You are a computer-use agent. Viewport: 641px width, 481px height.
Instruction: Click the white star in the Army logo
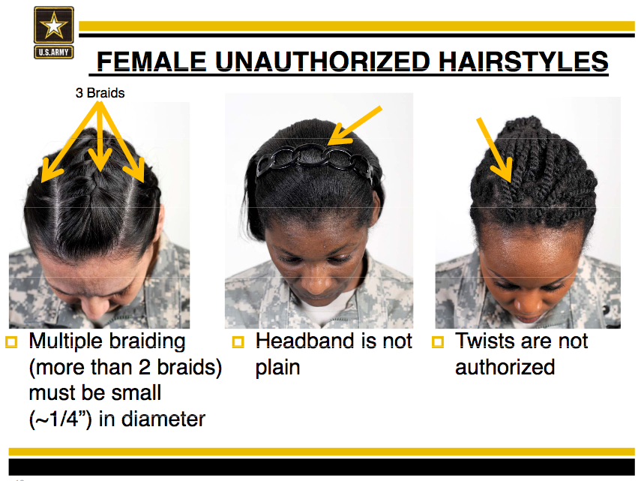pos(53,26)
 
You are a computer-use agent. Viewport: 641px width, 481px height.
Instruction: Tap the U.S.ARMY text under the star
pos(53,53)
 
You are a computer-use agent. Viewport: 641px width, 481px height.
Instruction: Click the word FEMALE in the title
pos(151,62)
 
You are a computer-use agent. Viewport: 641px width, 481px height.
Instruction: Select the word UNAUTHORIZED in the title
pos(322,62)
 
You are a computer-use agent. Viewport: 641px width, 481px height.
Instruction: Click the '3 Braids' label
pos(100,93)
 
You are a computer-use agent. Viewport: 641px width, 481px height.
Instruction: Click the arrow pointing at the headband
pos(355,125)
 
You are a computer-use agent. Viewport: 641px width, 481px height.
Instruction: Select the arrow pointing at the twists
pos(494,150)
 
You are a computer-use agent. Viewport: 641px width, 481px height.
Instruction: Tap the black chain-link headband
pos(315,161)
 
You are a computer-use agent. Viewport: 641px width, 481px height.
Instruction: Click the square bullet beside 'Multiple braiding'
pos(11,342)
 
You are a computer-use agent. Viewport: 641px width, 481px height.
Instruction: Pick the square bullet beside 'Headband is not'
pos(238,342)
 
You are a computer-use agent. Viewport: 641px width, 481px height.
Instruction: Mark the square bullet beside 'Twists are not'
pos(438,342)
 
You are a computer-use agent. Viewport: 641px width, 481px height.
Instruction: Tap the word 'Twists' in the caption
pos(487,341)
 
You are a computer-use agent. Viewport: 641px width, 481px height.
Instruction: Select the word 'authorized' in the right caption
pos(505,367)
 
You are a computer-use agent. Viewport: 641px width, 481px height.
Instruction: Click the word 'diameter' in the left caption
pos(163,419)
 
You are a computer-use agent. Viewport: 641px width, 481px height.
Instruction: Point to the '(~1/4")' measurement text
pos(61,419)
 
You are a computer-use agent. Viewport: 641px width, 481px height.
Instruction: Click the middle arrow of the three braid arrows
pos(100,137)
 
